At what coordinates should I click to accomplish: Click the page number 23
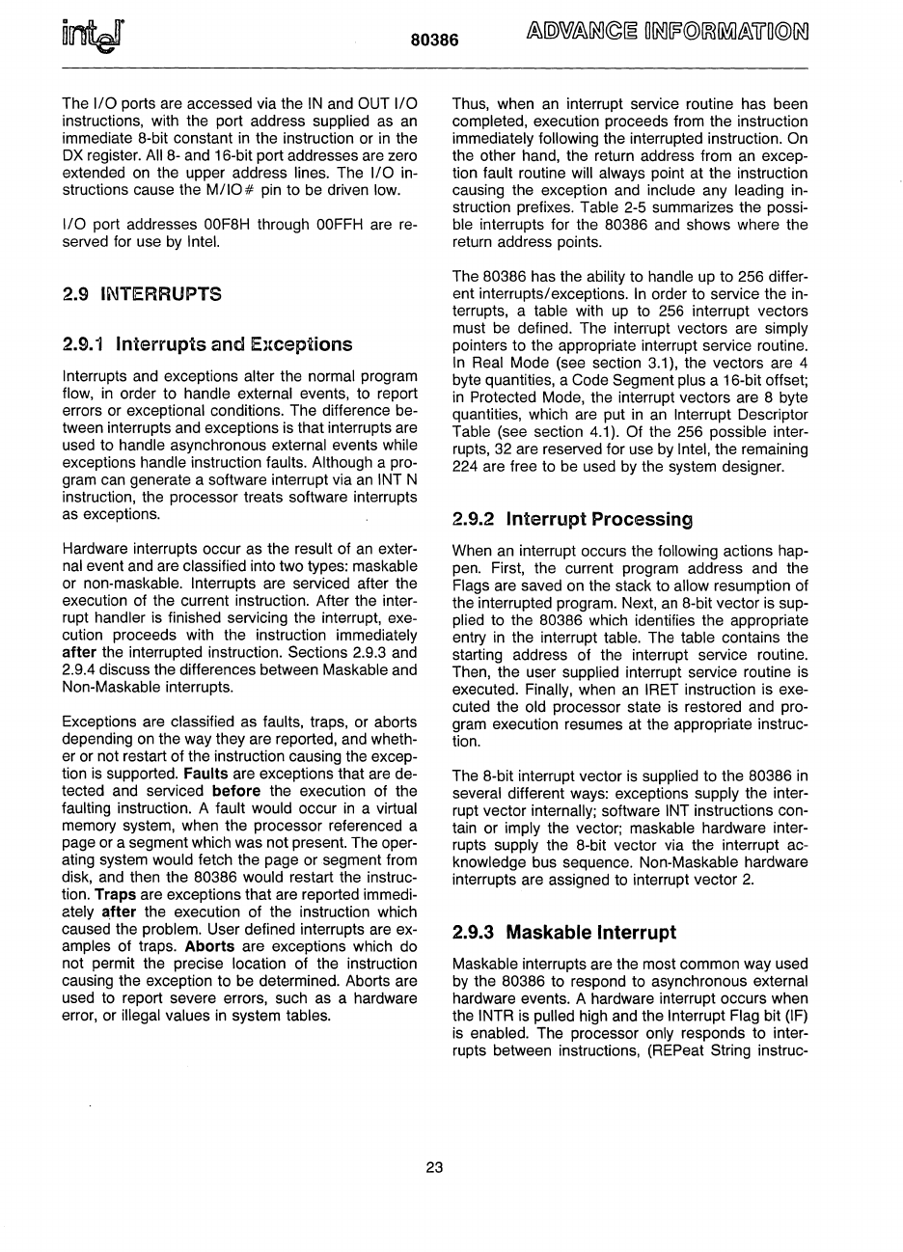[434, 1167]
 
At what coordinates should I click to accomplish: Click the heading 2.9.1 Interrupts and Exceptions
[206, 344]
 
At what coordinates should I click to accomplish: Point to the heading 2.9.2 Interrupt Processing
[573, 519]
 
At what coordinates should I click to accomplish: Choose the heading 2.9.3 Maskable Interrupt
[564, 932]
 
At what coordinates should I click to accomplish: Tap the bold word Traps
[115, 894]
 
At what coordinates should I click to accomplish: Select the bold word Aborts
[210, 946]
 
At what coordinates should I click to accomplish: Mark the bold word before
[235, 791]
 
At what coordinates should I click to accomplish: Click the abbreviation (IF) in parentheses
[795, 1015]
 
